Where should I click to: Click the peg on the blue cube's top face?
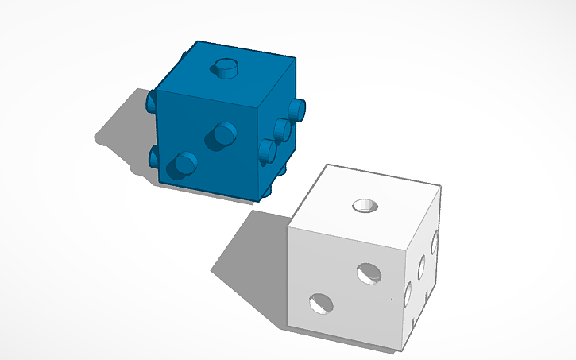[226, 68]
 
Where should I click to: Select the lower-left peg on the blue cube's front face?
[186, 164]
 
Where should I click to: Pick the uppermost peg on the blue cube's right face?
[296, 108]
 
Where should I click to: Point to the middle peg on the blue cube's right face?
[281, 129]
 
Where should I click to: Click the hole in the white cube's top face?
[366, 206]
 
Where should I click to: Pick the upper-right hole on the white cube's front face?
[369, 273]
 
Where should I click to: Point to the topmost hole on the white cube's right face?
[435, 242]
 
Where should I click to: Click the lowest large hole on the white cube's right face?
[408, 296]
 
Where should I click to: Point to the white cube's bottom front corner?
[396, 349]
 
